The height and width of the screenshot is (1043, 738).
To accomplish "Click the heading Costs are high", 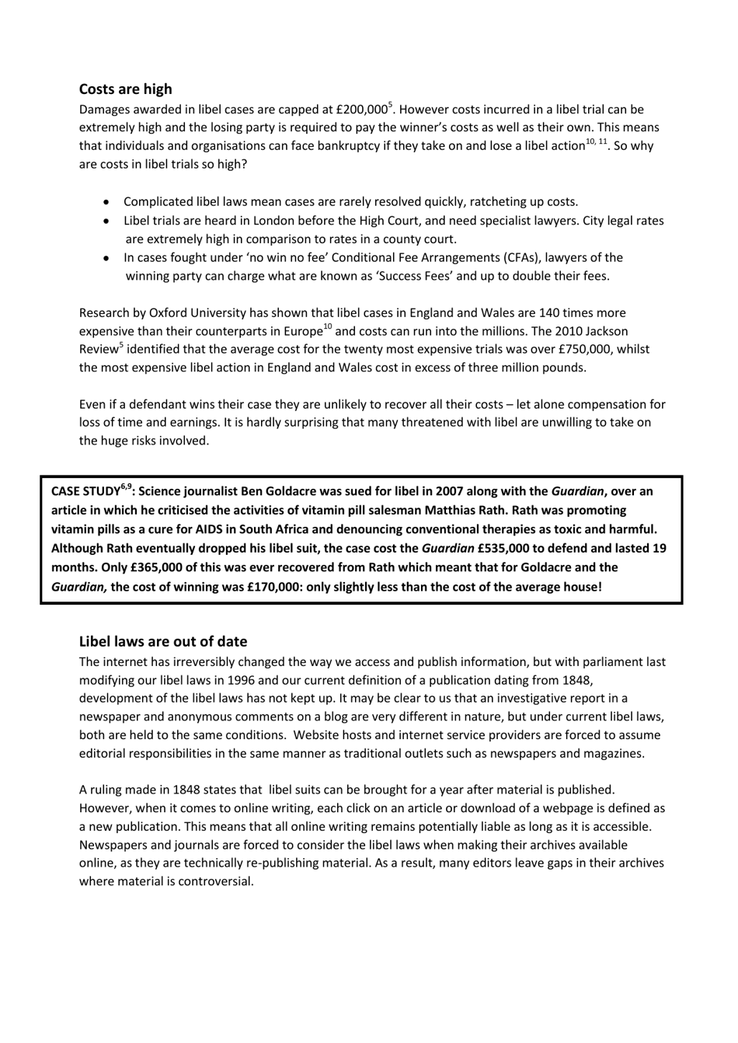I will (x=125, y=89).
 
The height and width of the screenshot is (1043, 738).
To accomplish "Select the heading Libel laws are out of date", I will (x=163, y=641).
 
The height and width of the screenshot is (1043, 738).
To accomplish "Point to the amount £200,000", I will (x=361, y=110).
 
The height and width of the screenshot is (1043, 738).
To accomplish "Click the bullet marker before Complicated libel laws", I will (x=106, y=202).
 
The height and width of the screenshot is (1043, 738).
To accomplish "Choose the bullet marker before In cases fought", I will (x=106, y=257).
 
